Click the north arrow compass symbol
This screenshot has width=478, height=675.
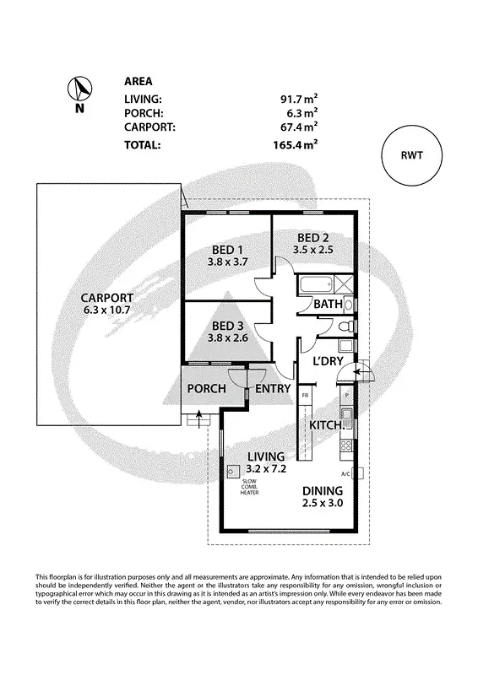79,89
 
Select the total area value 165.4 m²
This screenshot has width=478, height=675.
294,144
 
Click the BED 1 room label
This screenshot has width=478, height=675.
226,249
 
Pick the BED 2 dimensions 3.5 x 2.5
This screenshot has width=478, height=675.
312,250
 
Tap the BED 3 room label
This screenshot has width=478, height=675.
227,326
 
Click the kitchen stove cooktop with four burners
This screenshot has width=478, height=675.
345,445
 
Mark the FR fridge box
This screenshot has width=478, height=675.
305,395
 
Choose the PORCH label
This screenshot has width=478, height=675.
205,388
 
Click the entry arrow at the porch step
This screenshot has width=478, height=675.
198,414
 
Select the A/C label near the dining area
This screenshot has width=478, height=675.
345,473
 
